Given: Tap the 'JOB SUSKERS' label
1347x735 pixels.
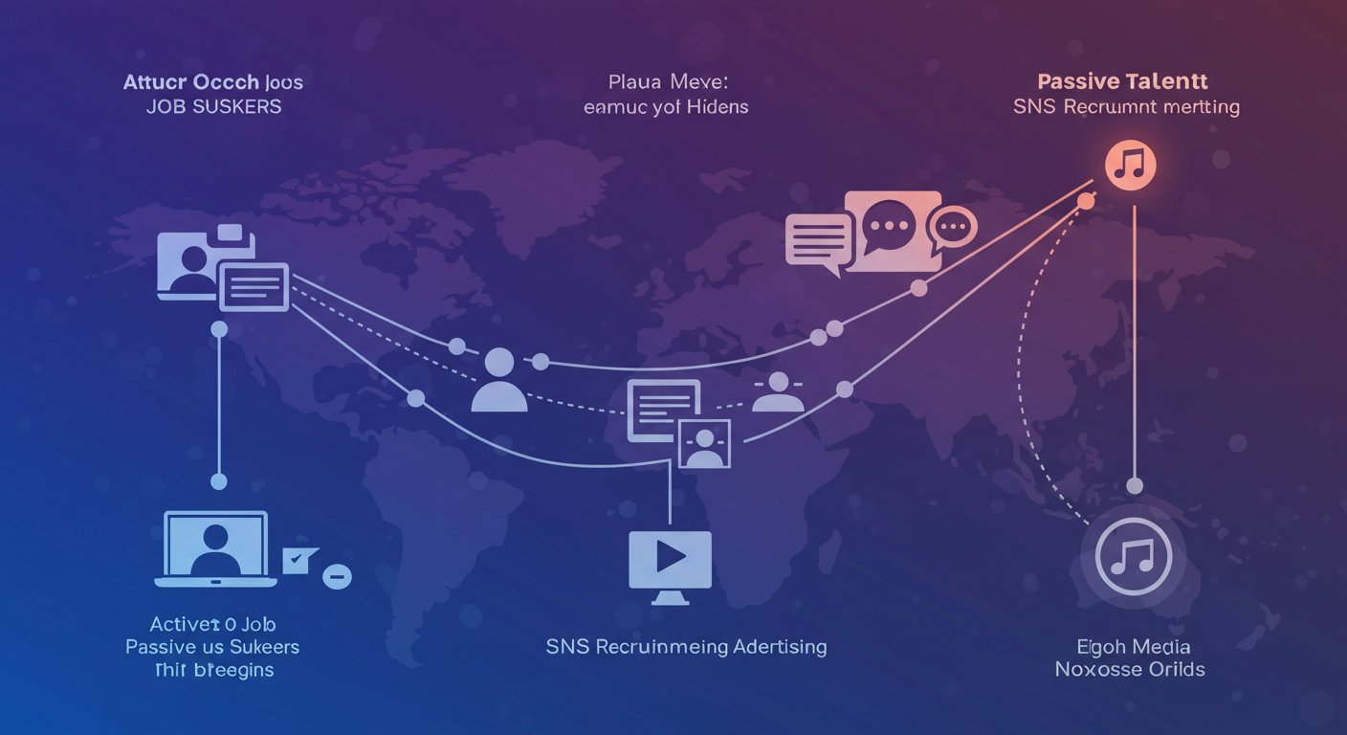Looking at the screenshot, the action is (x=214, y=106).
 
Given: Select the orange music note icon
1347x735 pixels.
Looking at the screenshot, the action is (x=1131, y=165).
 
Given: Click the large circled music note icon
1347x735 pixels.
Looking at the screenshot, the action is (x=1133, y=557).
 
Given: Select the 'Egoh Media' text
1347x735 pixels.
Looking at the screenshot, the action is (x=1130, y=647).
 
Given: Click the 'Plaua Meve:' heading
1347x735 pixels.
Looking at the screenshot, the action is (x=665, y=81).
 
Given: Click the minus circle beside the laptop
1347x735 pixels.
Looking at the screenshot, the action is (x=338, y=576).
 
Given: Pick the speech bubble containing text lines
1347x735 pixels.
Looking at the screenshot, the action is (x=818, y=240).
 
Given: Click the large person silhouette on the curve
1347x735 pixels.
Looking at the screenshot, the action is (x=499, y=380).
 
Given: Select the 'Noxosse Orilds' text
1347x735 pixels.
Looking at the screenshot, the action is (x=1130, y=670).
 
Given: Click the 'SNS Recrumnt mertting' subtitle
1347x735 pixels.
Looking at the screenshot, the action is (x=1126, y=106).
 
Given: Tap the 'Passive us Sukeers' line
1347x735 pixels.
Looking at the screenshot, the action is (x=212, y=647).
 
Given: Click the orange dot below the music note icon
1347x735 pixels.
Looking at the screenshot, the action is (x=1087, y=202).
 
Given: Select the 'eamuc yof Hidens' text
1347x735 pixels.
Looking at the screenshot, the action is (x=666, y=106).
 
